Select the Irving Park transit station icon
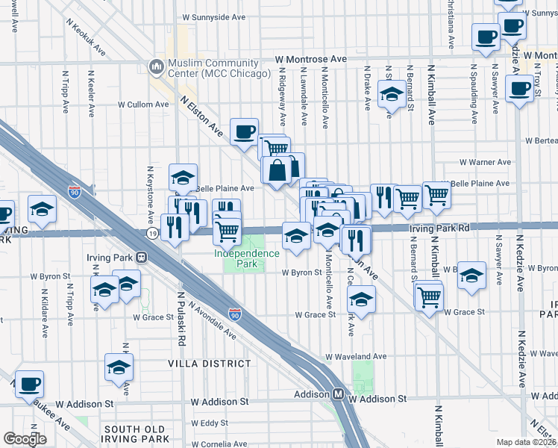point(140,257)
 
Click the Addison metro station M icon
point(338,393)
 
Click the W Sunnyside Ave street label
point(214,15)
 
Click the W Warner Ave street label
point(485,162)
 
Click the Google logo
point(25,439)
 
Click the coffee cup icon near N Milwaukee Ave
point(29,385)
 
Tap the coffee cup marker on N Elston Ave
point(244,131)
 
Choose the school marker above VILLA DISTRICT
point(119,367)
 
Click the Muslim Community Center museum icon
point(157,67)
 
